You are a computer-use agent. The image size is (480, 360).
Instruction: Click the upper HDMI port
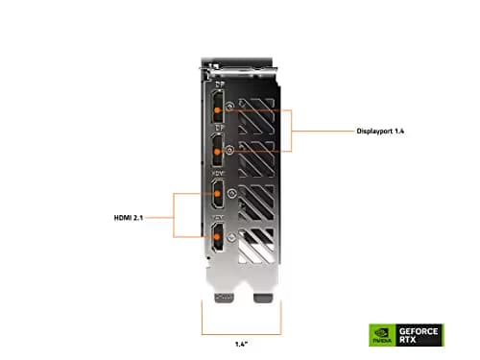point(218,196)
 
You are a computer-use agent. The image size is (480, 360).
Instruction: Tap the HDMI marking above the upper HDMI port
point(217,174)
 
